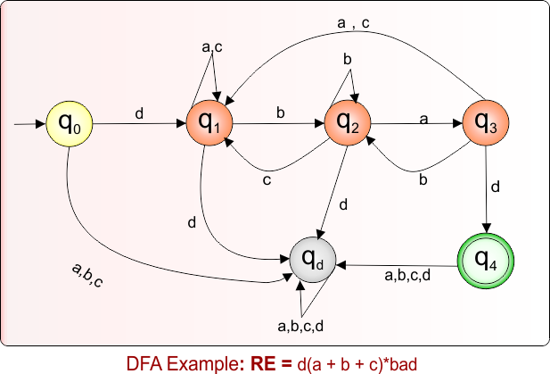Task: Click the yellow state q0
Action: [x=70, y=124]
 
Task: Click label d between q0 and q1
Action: [x=138, y=113]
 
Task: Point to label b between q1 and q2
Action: [x=281, y=113]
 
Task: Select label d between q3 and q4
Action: [x=496, y=187]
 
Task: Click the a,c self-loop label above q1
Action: [x=213, y=46]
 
